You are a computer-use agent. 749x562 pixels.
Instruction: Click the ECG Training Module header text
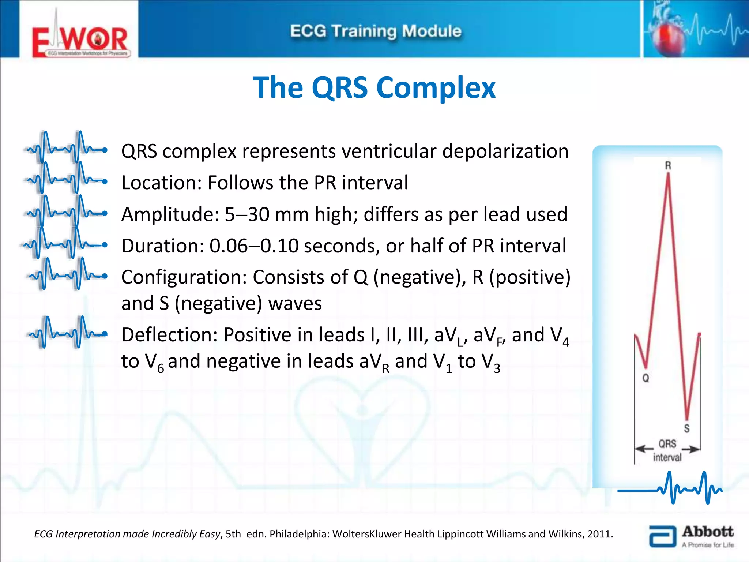(376, 31)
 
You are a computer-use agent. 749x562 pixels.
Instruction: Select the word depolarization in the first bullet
(505, 151)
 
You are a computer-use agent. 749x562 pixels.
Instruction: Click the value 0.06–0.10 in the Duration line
(253, 246)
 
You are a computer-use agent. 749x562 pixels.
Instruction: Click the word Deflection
(169, 335)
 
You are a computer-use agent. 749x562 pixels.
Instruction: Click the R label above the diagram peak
(668, 166)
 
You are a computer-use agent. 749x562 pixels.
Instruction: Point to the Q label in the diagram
(646, 378)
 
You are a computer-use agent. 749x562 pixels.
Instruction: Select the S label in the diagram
(686, 428)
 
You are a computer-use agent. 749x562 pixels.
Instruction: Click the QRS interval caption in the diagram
(667, 450)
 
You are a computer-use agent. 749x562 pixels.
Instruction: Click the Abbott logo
(691, 536)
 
